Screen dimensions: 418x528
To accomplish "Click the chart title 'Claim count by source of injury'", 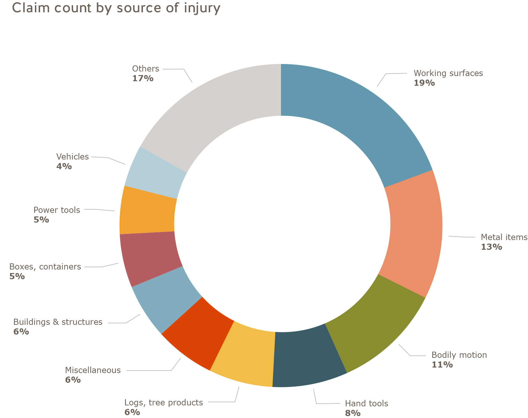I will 116,8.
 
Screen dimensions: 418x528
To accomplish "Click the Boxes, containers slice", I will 149,259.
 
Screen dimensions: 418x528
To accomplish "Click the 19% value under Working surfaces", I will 424,83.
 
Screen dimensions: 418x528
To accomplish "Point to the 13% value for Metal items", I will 491,247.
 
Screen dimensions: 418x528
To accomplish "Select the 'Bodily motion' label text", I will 459,355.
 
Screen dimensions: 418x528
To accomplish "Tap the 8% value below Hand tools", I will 353,413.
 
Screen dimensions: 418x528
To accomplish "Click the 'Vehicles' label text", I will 72,157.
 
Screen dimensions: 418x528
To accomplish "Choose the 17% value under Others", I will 143,78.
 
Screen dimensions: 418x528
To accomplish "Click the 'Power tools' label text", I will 57,210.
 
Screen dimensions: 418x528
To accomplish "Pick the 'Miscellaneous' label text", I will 93,370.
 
